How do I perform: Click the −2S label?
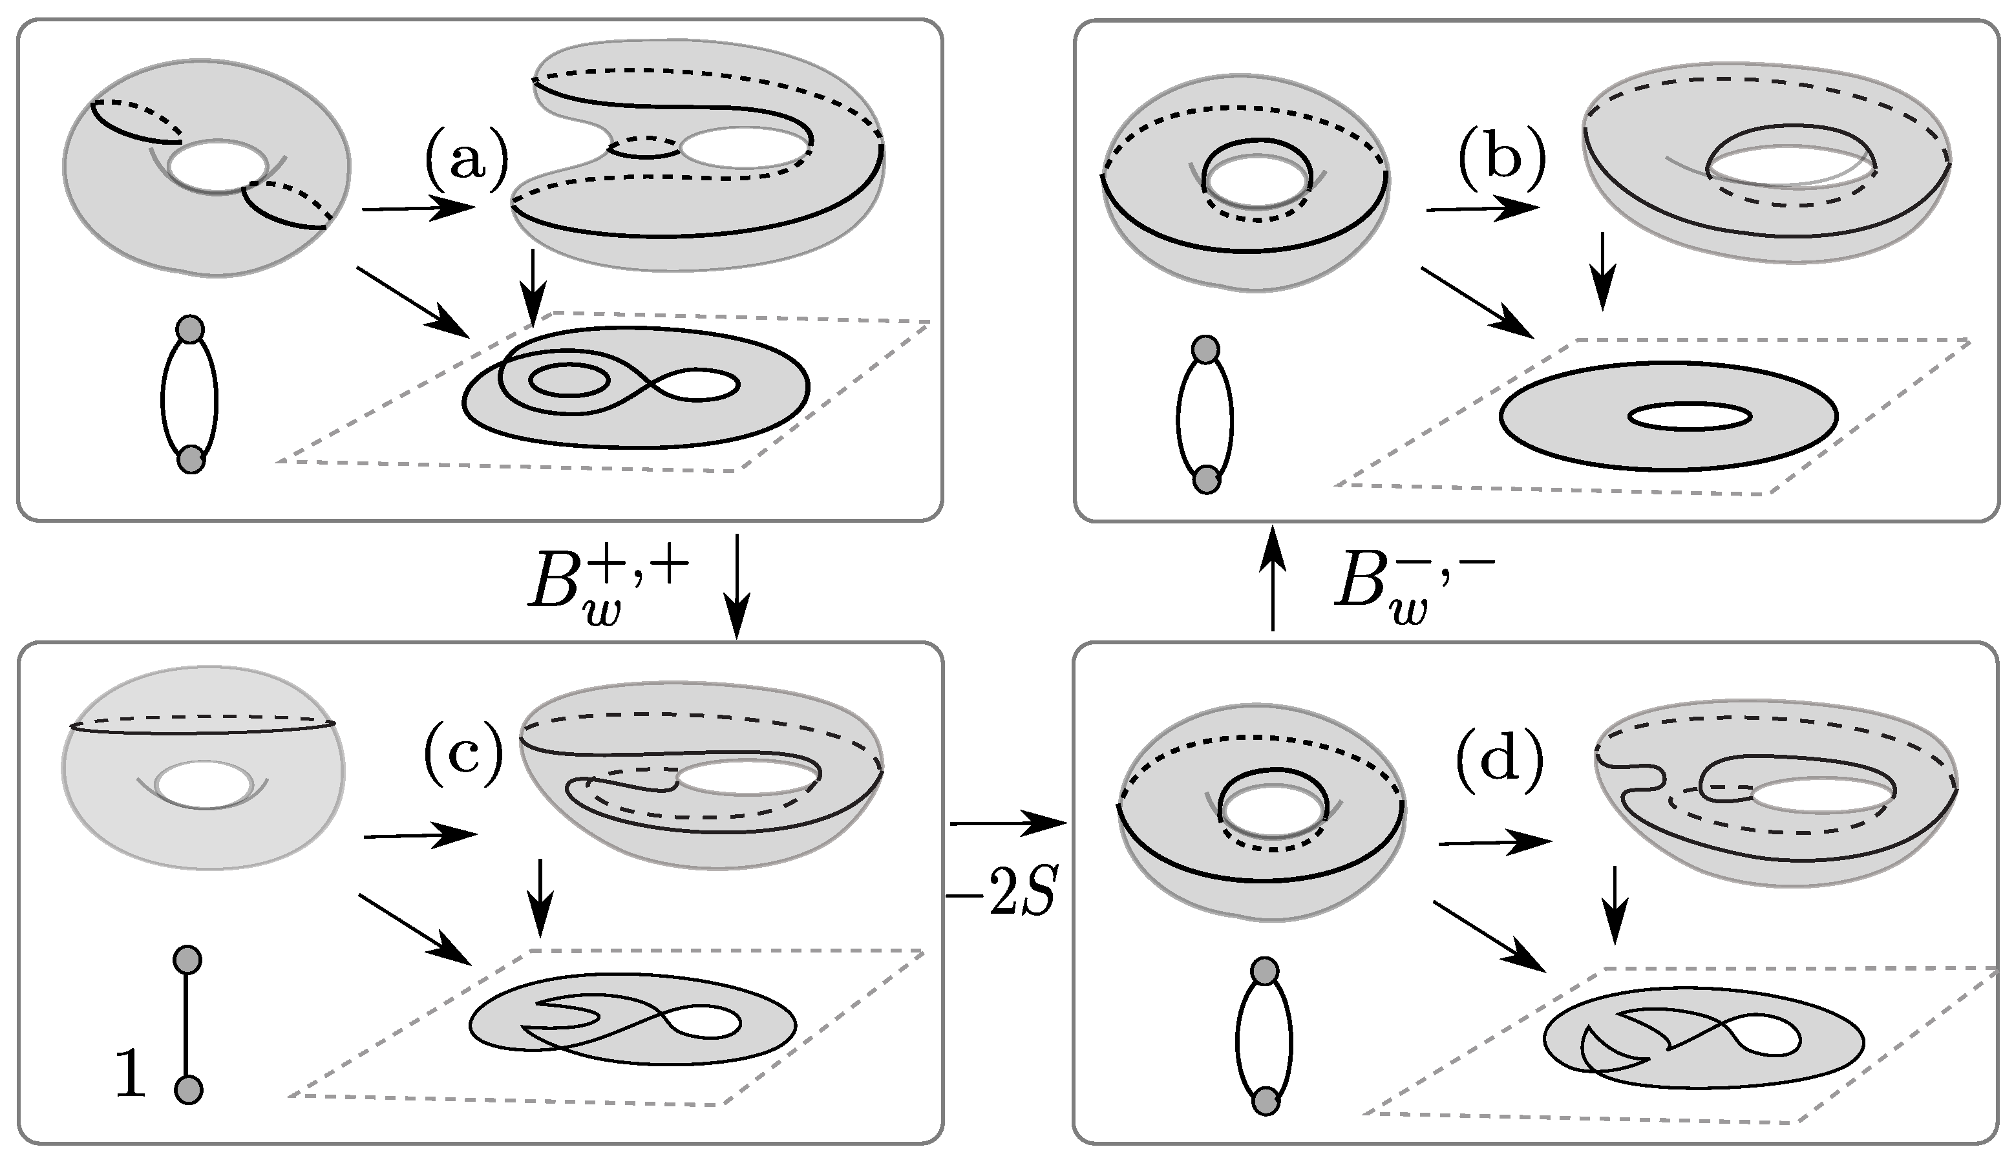[x=1002, y=896]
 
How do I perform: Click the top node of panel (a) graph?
[x=190, y=328]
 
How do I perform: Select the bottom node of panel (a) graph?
[x=191, y=459]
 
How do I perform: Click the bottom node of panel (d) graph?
[x=1265, y=1102]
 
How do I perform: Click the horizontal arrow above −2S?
[x=1006, y=824]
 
